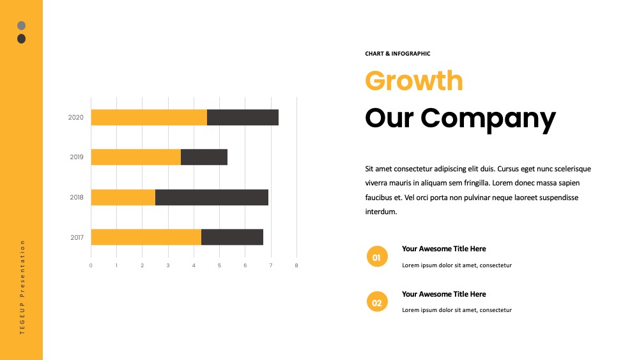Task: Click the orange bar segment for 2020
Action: (x=149, y=118)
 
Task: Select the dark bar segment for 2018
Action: (x=212, y=198)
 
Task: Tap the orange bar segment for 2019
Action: (x=136, y=157)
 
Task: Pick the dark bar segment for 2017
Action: (x=233, y=237)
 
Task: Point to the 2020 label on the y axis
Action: (x=76, y=118)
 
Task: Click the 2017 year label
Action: (x=77, y=237)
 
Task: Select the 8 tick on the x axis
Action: (x=296, y=265)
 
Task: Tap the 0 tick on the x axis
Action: (x=91, y=265)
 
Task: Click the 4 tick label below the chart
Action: (x=194, y=265)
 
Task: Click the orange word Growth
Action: (x=414, y=81)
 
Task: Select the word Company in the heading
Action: (x=488, y=118)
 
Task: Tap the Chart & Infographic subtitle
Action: (x=397, y=54)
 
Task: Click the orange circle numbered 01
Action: (x=377, y=256)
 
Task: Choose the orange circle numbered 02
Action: (x=377, y=302)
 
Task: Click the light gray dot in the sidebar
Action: (x=22, y=26)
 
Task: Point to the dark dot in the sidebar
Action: (x=22, y=39)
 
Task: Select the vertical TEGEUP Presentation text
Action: (x=22, y=287)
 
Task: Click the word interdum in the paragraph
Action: (x=381, y=212)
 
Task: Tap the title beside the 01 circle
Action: (x=444, y=249)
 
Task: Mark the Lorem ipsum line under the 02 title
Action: (x=457, y=310)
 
